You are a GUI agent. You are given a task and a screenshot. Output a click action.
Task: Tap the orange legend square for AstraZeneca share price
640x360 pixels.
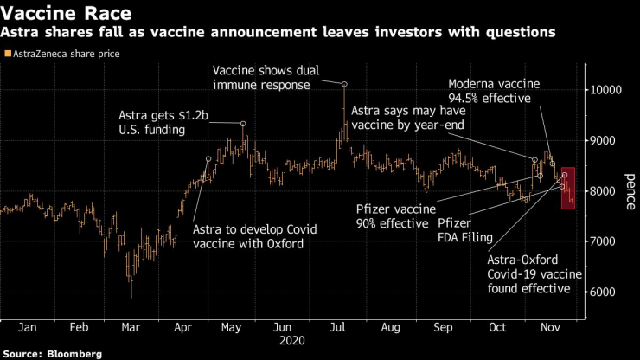[8, 54]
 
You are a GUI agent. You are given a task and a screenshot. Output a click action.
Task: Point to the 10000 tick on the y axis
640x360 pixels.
[611, 90]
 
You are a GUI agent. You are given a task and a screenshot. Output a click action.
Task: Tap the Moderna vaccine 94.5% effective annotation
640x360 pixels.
[493, 92]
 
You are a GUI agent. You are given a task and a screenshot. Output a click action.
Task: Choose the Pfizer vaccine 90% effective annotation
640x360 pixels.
[393, 216]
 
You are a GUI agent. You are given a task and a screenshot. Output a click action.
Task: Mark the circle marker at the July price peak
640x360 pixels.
[344, 84]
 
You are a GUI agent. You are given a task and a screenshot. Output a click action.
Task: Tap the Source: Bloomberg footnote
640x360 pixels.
[52, 353]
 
